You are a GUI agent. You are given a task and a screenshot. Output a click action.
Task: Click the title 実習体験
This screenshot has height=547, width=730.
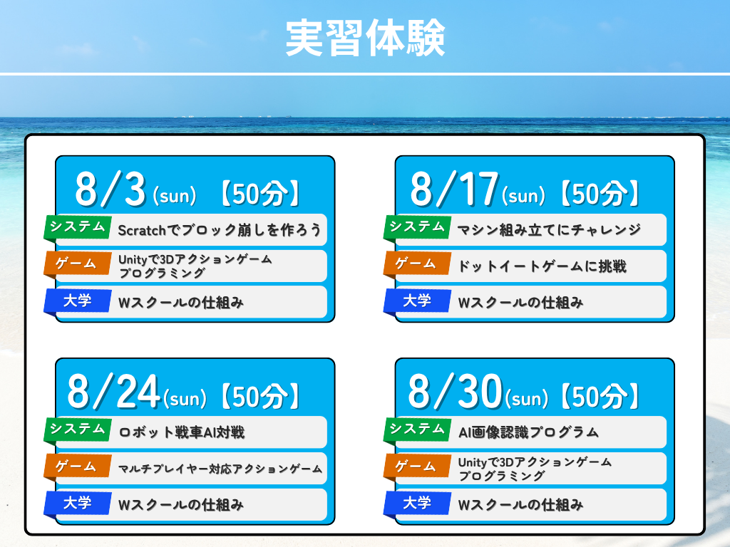coord(366,38)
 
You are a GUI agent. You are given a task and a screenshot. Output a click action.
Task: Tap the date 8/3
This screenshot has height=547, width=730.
coord(110,189)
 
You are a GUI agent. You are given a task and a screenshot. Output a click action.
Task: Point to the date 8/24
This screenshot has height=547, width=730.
coord(114,392)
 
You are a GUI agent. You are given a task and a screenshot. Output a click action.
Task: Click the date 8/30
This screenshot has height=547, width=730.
coord(456,392)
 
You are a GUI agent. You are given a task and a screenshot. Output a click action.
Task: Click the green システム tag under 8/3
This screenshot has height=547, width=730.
coord(78,228)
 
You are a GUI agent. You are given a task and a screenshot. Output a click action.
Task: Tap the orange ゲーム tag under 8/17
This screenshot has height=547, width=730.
coord(417,264)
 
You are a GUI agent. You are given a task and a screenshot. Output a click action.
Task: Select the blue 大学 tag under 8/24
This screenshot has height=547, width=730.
coord(78,504)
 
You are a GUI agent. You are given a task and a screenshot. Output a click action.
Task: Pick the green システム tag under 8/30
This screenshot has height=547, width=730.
coord(417,429)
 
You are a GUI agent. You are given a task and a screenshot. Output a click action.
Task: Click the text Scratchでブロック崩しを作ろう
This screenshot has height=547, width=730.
coord(220,230)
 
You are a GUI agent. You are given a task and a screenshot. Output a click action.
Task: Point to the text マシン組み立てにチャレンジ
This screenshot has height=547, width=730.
coord(550,230)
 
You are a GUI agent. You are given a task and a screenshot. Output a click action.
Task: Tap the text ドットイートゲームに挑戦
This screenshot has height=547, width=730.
coord(543,266)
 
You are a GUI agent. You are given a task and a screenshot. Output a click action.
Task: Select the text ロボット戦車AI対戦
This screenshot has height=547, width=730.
coord(182,432)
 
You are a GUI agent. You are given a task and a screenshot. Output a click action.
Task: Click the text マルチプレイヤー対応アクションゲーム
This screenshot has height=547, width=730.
coord(220,469)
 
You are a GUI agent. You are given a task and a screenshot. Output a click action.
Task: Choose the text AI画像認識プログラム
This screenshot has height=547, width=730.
coord(528,432)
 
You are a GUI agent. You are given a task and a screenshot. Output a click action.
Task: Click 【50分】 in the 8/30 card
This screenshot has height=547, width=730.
coord(600,396)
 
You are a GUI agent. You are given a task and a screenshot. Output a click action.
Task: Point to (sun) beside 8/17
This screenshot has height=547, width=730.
coord(523,196)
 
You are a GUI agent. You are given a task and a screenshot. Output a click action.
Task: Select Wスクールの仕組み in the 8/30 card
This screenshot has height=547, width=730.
coord(520,505)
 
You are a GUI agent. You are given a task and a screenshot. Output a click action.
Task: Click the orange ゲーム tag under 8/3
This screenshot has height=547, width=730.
coord(78,264)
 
